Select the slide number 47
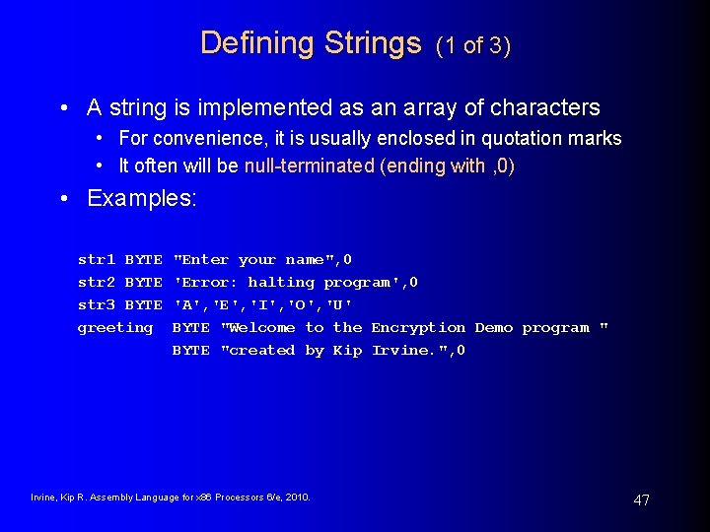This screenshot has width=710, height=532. [641, 500]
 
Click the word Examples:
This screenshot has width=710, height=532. [142, 198]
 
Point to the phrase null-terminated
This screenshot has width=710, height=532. [310, 166]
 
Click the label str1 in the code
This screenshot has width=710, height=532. [97, 260]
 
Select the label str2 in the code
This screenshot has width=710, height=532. [97, 283]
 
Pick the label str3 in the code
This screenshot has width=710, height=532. [97, 305]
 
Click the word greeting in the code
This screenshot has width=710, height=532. [115, 328]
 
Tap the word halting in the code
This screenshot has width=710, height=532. [280, 283]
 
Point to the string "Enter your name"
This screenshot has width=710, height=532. [255, 260]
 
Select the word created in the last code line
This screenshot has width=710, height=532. [260, 351]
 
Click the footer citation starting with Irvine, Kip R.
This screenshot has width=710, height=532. [171, 498]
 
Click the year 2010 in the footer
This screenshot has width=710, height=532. [297, 498]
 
